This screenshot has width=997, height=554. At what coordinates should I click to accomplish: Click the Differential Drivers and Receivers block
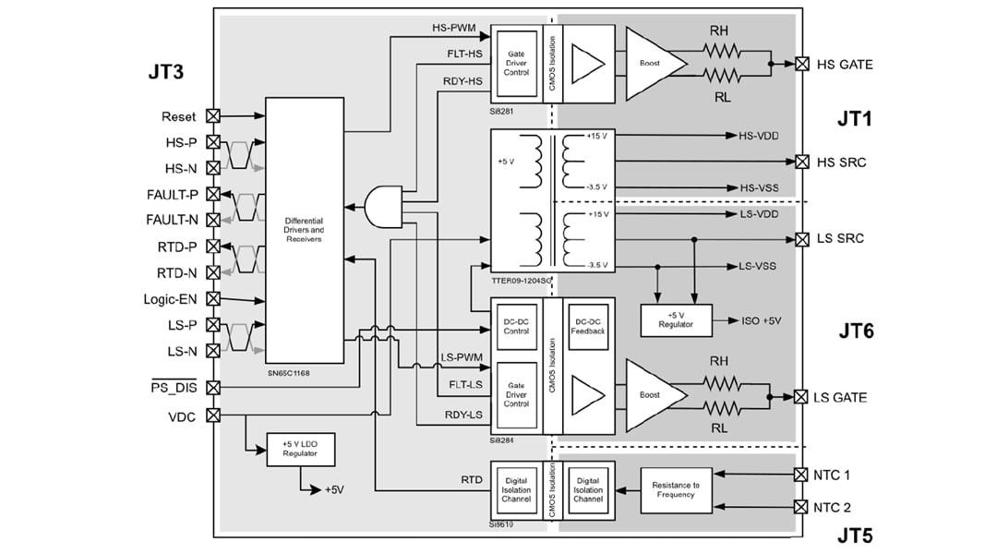point(304,230)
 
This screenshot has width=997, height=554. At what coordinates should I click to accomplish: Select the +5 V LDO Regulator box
point(300,450)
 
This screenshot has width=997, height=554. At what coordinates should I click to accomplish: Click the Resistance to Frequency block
point(676,488)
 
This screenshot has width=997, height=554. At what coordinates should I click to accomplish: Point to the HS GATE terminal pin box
point(801,65)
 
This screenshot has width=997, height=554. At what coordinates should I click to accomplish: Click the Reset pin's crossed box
point(213,116)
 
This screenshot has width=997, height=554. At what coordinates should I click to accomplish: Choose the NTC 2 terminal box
point(801,507)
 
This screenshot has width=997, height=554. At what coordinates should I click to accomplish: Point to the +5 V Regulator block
point(676,319)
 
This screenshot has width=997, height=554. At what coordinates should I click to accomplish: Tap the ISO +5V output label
point(762,320)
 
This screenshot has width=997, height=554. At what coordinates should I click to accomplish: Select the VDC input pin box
point(213,415)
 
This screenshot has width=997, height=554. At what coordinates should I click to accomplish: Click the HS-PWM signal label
point(453,28)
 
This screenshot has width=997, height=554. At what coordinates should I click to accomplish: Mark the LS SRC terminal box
point(801,239)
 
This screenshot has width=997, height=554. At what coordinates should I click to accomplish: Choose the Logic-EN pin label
point(171,299)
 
